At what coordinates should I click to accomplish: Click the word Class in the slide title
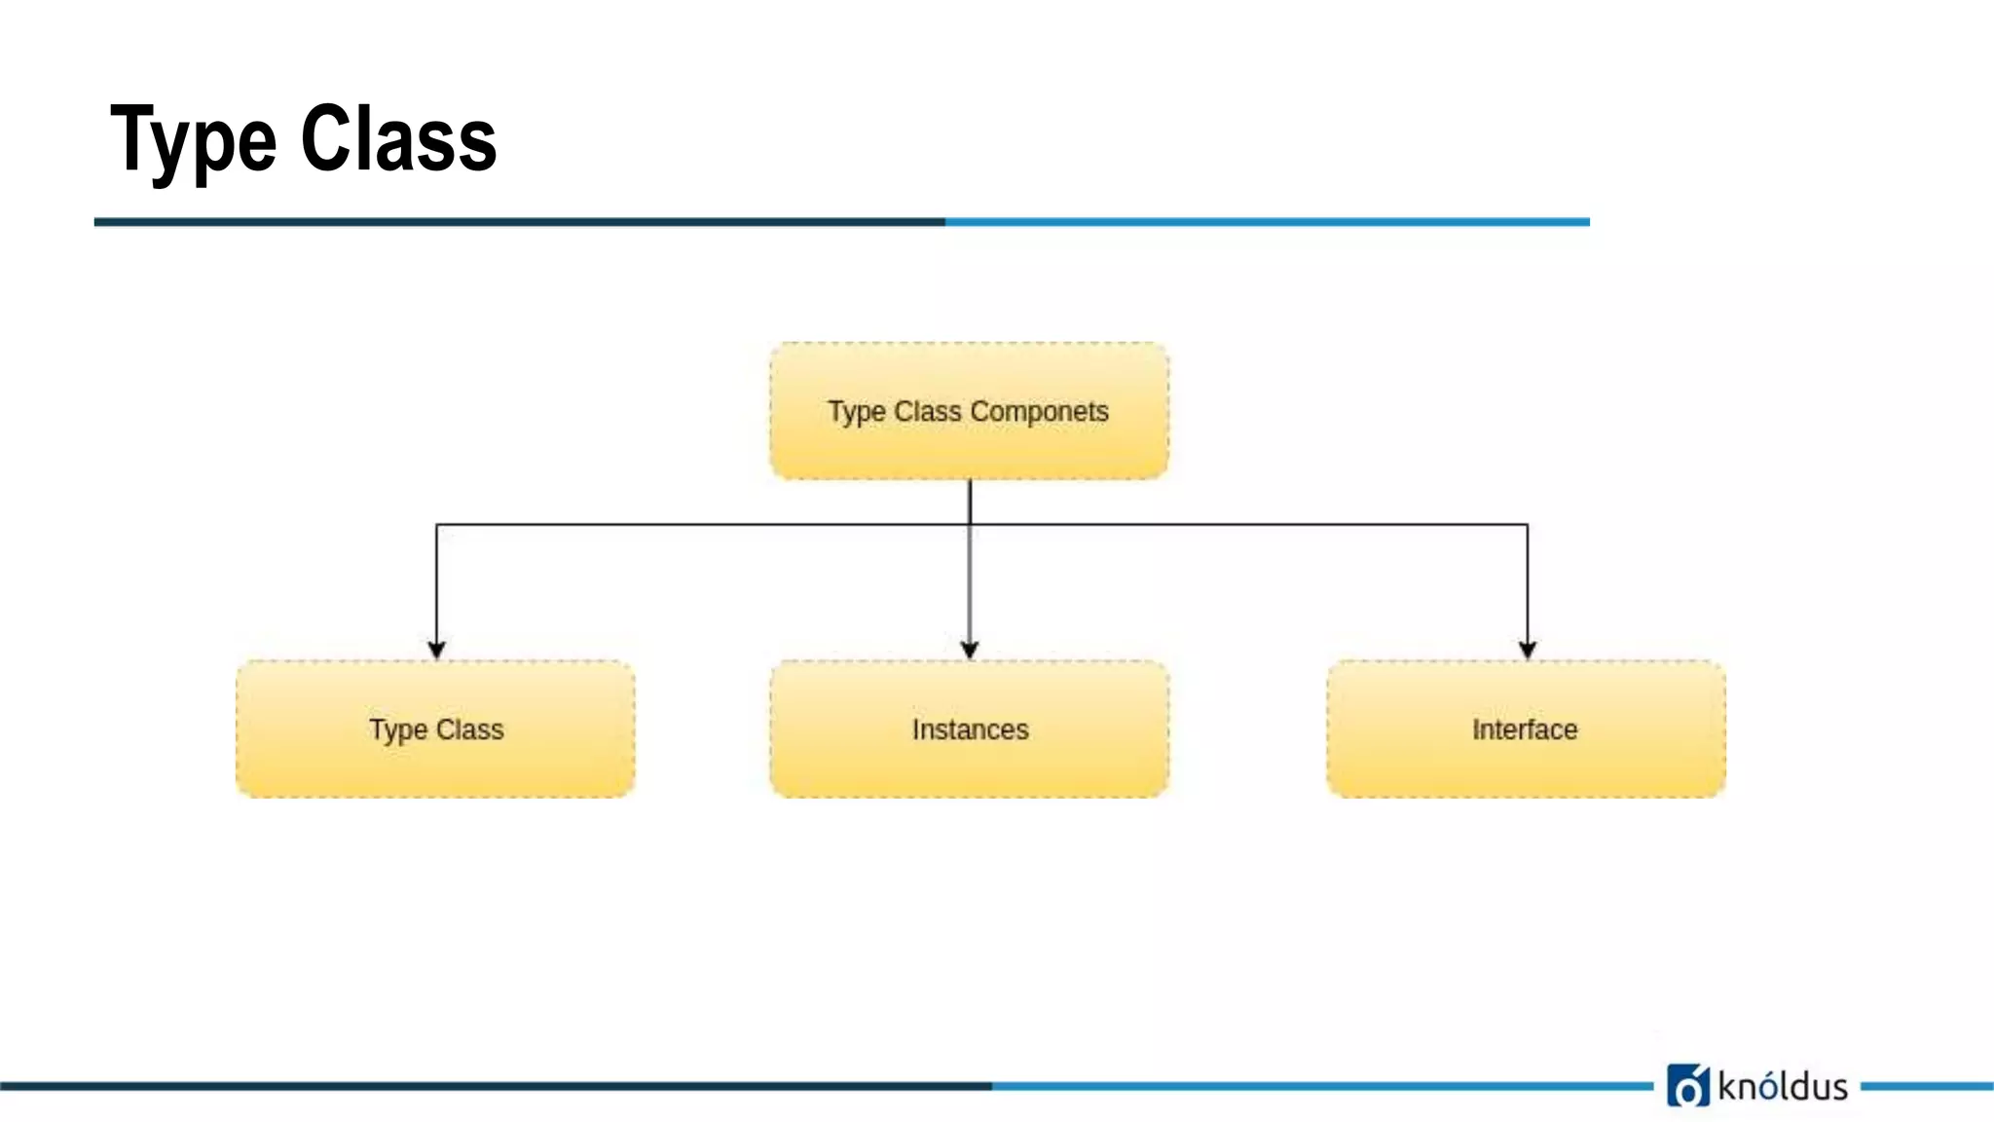click(398, 139)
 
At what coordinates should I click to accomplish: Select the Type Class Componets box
click(969, 448)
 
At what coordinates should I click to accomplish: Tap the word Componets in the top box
click(1039, 411)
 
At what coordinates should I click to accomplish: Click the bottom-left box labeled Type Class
click(435, 769)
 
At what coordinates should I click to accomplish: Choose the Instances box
click(969, 769)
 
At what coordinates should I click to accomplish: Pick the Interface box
click(1526, 769)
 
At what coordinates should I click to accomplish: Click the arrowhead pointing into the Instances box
click(969, 650)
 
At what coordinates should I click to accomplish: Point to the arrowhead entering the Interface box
click(1527, 650)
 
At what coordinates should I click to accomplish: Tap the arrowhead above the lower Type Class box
click(436, 650)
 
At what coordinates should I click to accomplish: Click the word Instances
click(970, 729)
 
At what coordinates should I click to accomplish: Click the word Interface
click(1524, 729)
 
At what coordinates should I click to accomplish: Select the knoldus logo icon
click(1687, 1085)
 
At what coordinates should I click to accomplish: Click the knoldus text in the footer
click(1783, 1086)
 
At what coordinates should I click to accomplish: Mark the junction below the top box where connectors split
click(970, 525)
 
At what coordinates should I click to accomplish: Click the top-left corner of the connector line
click(437, 525)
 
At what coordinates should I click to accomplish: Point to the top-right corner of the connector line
click(1527, 525)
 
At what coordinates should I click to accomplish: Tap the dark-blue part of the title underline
click(516, 222)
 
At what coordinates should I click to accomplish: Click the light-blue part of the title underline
click(1266, 222)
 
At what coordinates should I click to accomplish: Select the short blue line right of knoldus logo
click(1926, 1085)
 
